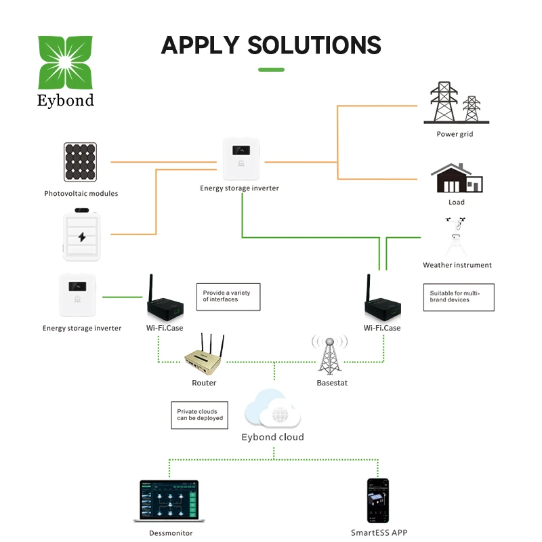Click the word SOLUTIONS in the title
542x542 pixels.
pos(314,45)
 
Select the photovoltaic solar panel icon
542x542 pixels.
pos(81,163)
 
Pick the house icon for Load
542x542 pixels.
pos(457,179)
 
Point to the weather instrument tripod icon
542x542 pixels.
pos(457,237)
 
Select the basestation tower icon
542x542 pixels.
pos(329,353)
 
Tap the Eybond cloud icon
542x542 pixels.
pos(272,408)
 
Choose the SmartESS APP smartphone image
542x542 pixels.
pos(378,501)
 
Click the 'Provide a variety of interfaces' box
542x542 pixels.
pos(228,296)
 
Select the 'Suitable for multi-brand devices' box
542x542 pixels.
pos(458,297)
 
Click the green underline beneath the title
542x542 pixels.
pos(271,69)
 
